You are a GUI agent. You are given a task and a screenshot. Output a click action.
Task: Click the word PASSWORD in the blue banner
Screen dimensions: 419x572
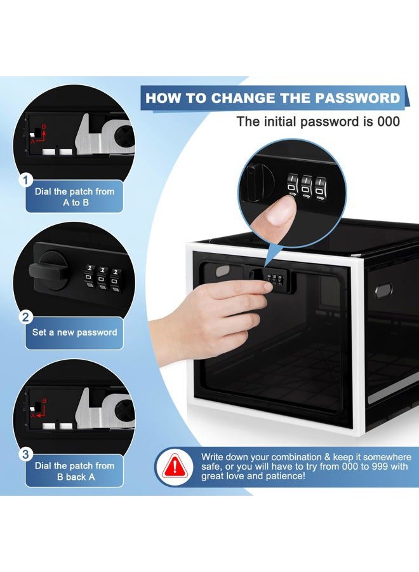(357, 98)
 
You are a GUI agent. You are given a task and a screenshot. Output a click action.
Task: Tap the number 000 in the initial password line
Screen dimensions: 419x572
(389, 121)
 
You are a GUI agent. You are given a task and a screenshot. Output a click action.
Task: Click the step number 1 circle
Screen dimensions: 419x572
(25, 180)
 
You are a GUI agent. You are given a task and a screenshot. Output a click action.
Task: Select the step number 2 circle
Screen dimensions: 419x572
(25, 317)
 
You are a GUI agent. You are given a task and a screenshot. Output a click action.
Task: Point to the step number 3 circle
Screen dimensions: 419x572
(25, 454)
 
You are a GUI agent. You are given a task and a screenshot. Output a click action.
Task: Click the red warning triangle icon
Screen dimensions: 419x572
(175, 466)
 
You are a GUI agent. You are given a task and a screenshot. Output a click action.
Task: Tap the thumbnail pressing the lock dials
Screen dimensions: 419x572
(281, 212)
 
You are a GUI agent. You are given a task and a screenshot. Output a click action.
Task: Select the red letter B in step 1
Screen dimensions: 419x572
(44, 127)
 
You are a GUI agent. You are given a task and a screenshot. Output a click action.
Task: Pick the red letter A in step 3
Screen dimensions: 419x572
(33, 416)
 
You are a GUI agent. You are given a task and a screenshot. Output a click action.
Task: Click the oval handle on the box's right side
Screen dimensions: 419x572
(383, 290)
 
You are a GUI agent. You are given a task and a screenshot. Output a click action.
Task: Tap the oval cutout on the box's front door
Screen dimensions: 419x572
(223, 271)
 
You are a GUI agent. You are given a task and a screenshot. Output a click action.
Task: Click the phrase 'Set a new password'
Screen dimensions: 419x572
(75, 332)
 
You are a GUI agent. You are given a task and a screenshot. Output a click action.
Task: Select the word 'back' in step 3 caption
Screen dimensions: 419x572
(76, 477)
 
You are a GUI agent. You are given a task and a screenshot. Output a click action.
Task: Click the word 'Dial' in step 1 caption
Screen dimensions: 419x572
(43, 191)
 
